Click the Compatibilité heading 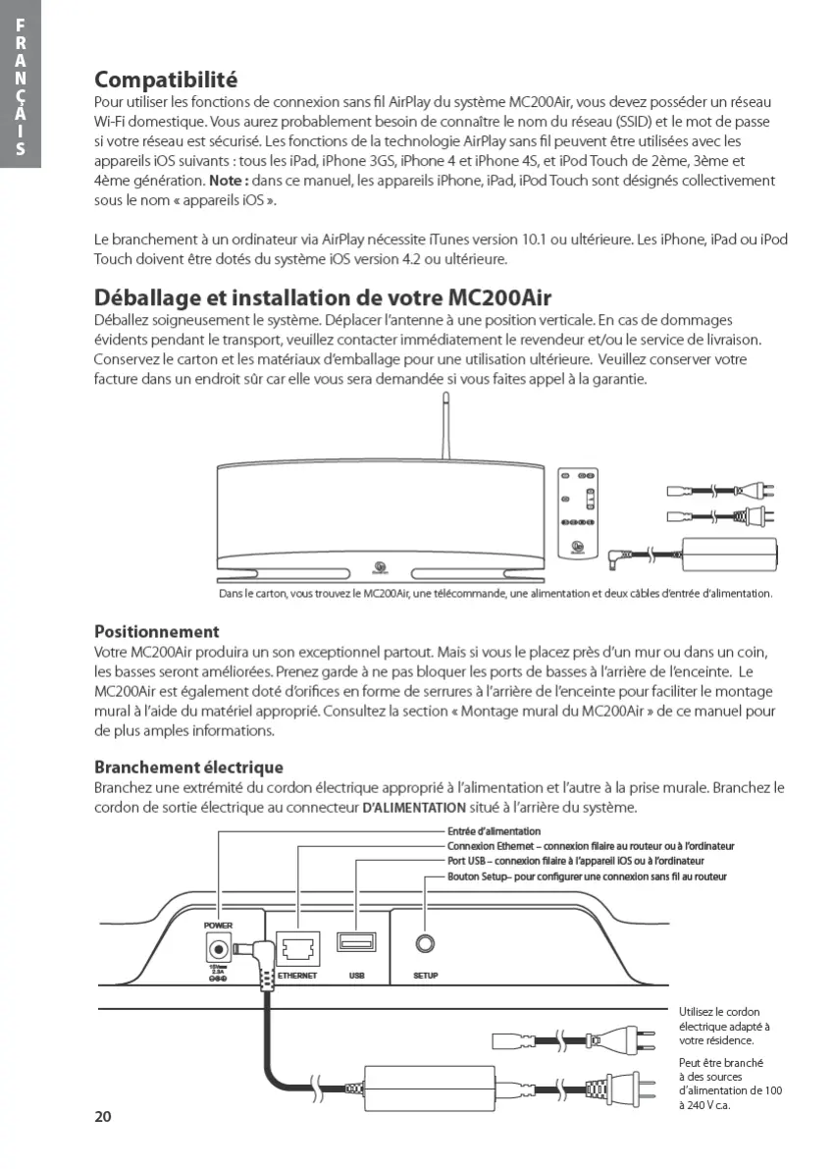click(166, 79)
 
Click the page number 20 click(103, 1116)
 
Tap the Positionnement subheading click(156, 631)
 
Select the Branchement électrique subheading click(188, 767)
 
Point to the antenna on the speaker click(443, 427)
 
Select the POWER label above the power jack click(218, 925)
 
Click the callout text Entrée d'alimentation click(487, 831)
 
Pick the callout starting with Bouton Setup click(587, 876)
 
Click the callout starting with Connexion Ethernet click(591, 846)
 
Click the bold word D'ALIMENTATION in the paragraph click(414, 809)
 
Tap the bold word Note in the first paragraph click(226, 182)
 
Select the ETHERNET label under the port click(297, 977)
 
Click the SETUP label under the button click(426, 977)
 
